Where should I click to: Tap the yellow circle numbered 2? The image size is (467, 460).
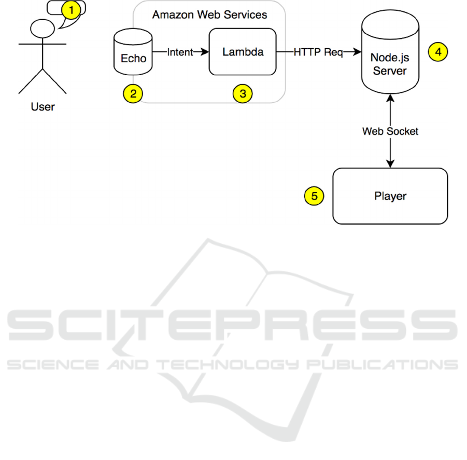click(x=133, y=93)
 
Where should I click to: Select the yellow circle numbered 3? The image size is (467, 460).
click(x=242, y=93)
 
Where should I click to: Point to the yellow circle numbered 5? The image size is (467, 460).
click(x=314, y=196)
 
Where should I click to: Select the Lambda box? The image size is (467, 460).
click(x=242, y=52)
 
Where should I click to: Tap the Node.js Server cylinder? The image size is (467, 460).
click(x=390, y=57)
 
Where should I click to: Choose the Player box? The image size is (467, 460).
click(x=390, y=196)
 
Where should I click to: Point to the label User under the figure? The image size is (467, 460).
click(x=43, y=107)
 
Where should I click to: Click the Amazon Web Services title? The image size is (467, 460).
click(x=209, y=15)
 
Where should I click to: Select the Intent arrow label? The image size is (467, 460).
click(x=180, y=52)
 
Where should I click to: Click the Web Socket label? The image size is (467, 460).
click(x=390, y=132)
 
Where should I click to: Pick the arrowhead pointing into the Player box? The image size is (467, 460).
click(x=390, y=164)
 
